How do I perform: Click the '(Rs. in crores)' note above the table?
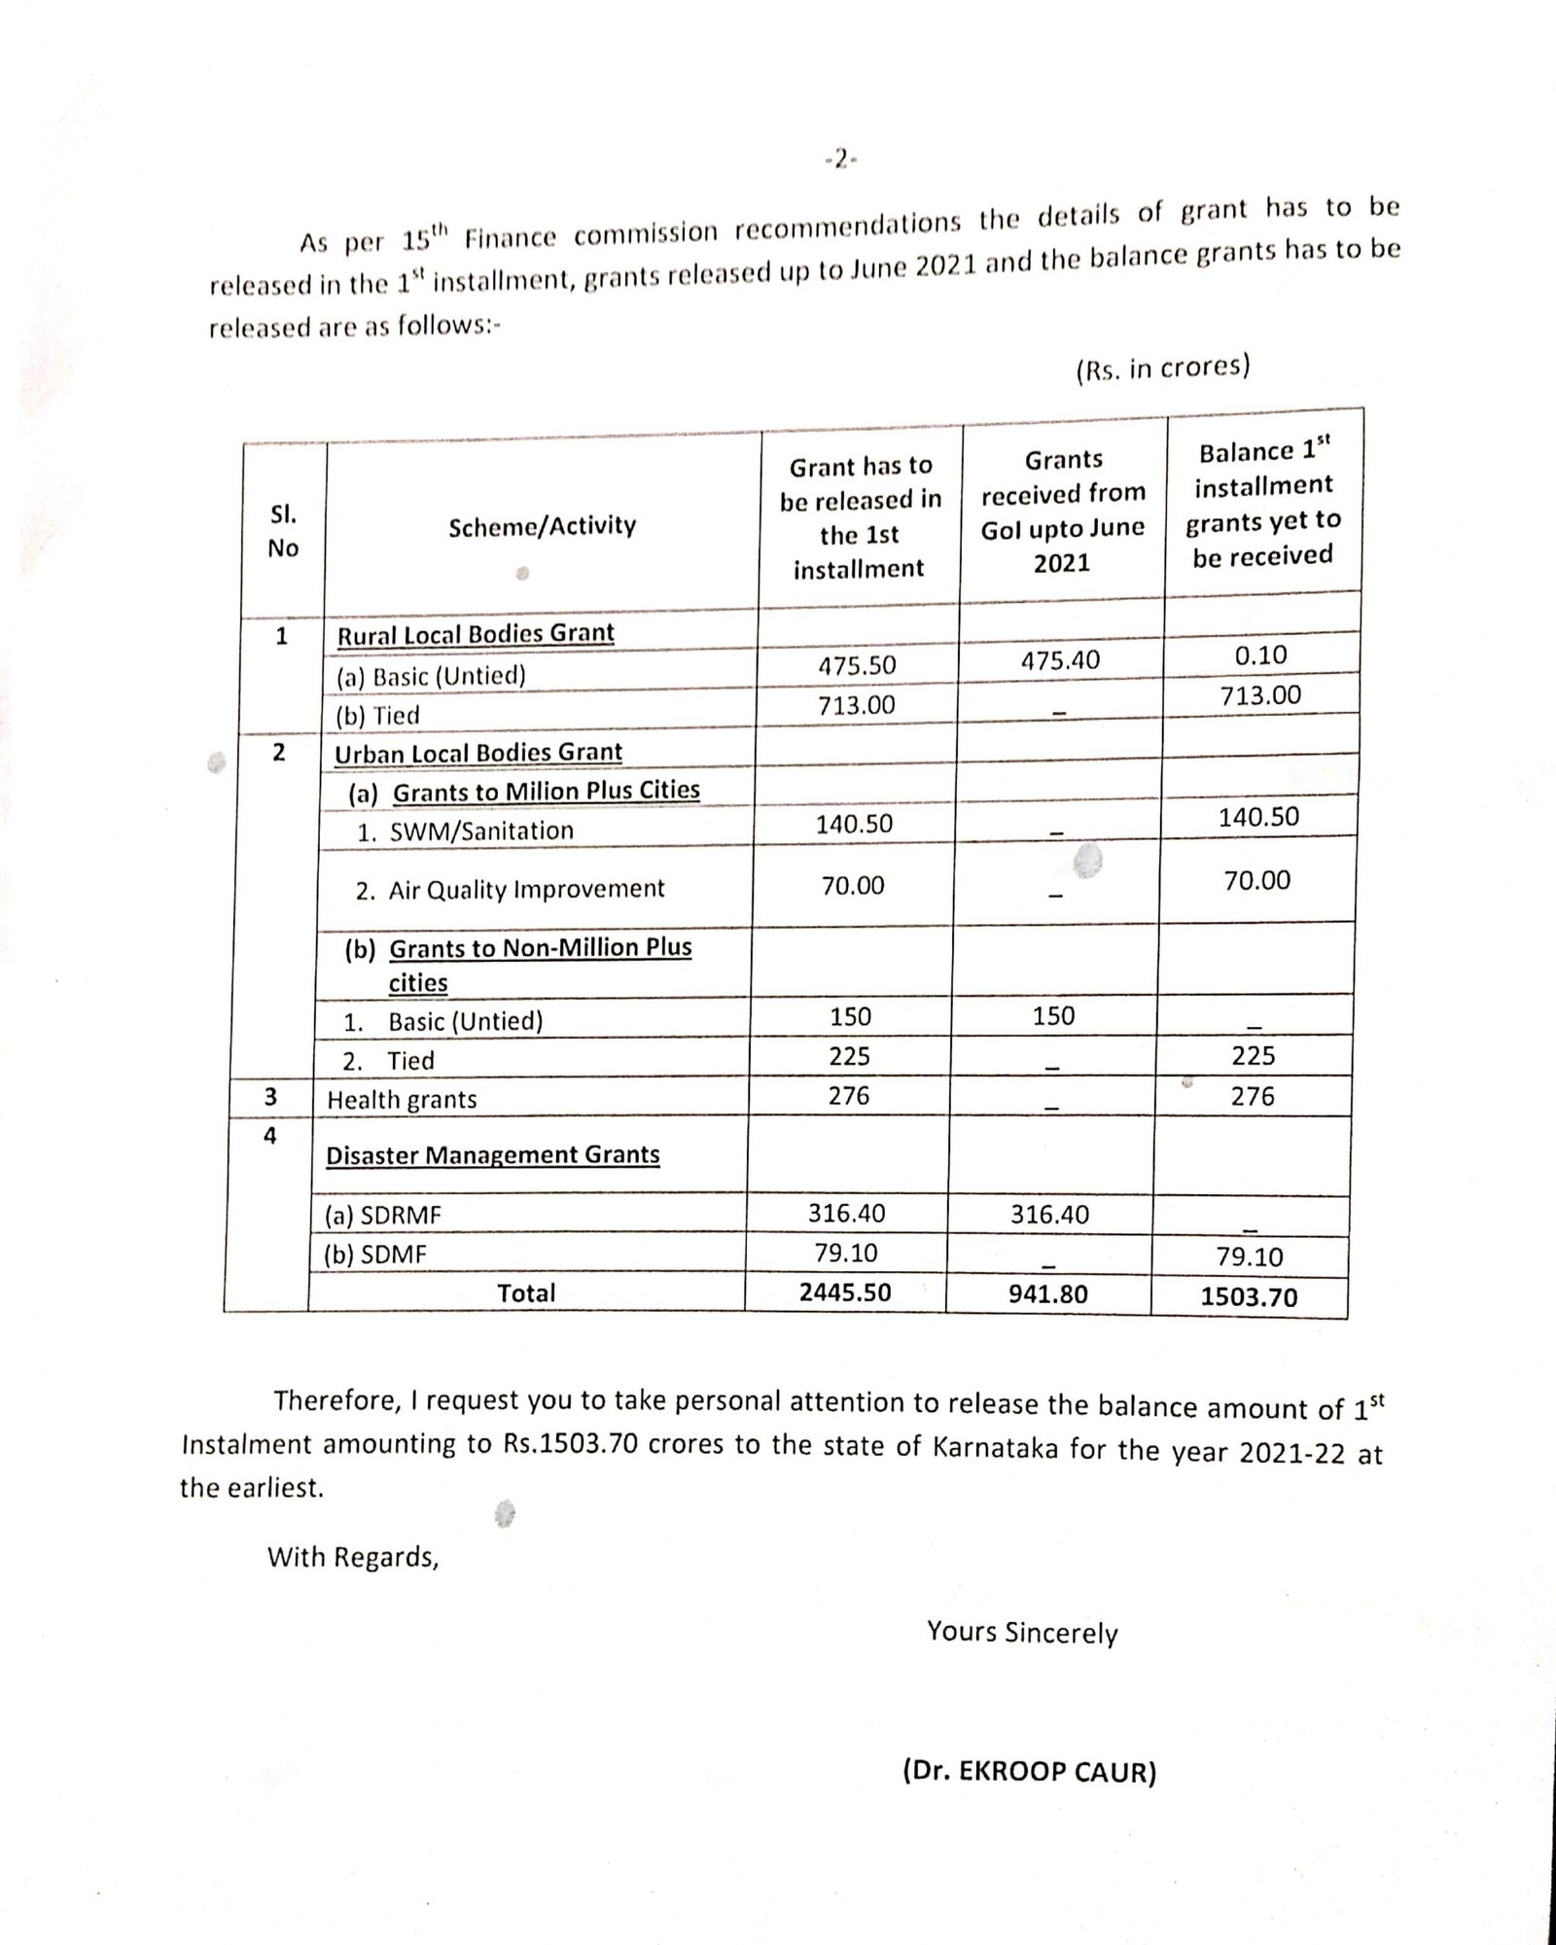pos(1162,369)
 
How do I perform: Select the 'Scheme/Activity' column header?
pos(542,526)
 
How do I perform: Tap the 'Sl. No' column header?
pos(283,531)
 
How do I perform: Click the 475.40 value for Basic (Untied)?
pos(1060,661)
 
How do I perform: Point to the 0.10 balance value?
pos(1260,655)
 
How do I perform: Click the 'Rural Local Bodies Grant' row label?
pos(476,634)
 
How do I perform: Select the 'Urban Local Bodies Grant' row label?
pos(477,754)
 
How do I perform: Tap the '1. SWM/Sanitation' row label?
pos(465,831)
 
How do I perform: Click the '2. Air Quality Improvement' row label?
pos(510,890)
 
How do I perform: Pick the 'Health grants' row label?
pos(402,1100)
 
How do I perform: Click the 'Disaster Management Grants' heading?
pos(492,1155)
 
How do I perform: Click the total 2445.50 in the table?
pos(845,1292)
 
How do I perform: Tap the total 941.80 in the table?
pos(1047,1294)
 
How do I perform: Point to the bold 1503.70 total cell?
pos(1249,1296)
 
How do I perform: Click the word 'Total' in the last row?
pos(526,1293)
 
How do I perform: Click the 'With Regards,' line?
pos(353,1557)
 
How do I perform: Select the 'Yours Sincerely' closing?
pos(1022,1632)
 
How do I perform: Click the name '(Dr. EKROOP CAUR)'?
pos(1029,1772)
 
